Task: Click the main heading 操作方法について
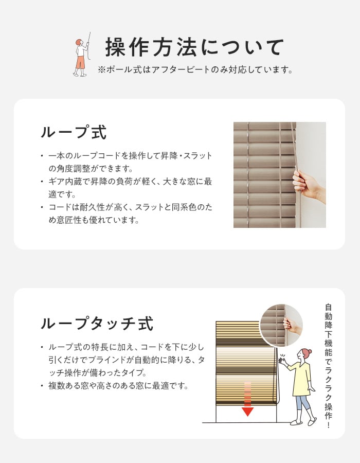[x=194, y=47]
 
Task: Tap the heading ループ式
[x=74, y=132]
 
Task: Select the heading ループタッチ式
[x=97, y=324]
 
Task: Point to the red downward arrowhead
[x=247, y=412]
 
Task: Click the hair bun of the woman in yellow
[x=309, y=352]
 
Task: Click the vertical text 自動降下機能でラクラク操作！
[x=328, y=366]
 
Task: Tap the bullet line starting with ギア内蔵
[x=127, y=188]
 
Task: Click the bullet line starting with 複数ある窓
[x=115, y=385]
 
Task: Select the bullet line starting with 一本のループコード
[x=127, y=162]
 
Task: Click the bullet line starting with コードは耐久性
[x=127, y=213]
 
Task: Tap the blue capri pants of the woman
[x=302, y=403]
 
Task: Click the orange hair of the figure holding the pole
[x=79, y=42]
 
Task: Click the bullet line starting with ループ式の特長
[x=123, y=360]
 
